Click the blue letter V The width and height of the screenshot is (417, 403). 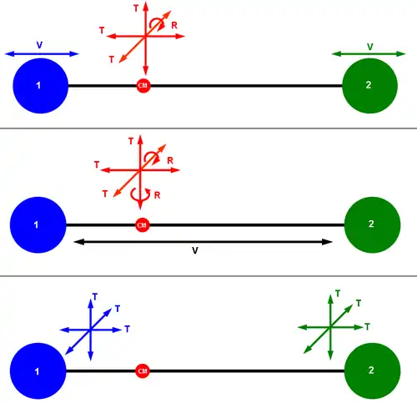point(39,45)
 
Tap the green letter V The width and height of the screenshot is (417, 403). point(369,47)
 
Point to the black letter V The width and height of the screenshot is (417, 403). point(195,250)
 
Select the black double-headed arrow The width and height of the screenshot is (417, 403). point(203,242)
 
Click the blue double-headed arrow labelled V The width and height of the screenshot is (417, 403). point(42,54)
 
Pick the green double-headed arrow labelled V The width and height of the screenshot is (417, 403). point(369,54)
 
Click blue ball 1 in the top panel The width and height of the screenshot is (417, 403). point(41,86)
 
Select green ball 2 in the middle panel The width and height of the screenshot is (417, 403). point(372,224)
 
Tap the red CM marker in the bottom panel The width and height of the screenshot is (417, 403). point(143,371)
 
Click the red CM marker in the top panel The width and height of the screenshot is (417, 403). point(143,86)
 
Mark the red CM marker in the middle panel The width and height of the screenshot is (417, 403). point(142,225)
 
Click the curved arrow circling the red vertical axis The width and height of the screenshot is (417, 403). point(140,194)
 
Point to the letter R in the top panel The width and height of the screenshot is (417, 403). point(174,26)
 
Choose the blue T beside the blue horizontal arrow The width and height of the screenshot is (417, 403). point(128,329)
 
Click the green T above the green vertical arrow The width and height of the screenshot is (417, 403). point(338,294)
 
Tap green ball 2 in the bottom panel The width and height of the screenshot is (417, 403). point(372,370)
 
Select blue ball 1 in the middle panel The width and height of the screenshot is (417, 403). point(38,224)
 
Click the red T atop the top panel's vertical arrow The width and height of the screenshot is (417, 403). point(136,8)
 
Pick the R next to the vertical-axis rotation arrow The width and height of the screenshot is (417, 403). point(157,195)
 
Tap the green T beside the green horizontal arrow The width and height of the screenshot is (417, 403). point(367,327)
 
